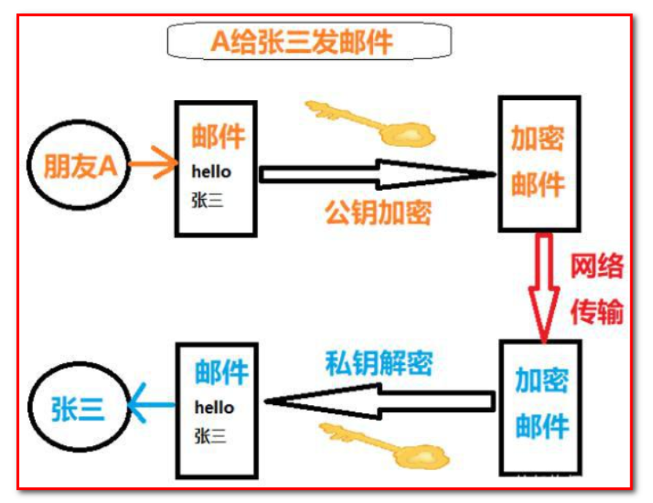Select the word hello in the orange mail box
coord(211,172)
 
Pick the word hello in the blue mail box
coord(214,406)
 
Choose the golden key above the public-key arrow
coord(370,122)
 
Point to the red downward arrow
coord(543,285)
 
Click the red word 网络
coord(597,268)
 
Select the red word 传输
coord(597,311)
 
